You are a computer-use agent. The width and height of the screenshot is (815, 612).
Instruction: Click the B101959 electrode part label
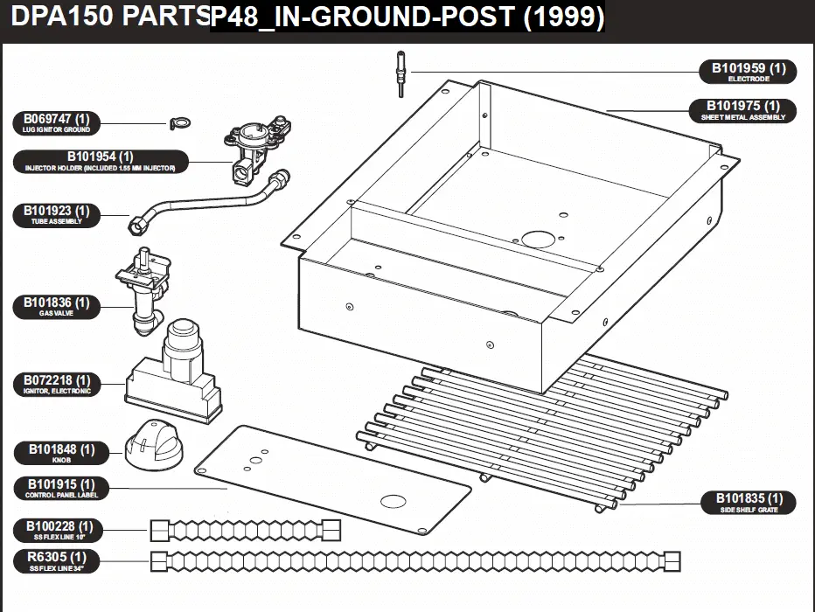(x=748, y=72)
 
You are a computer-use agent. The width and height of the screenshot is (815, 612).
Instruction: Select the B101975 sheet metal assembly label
(x=742, y=110)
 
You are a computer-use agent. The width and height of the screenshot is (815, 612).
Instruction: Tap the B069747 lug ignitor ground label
(x=56, y=123)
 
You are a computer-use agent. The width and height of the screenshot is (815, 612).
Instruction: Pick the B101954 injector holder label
(x=101, y=161)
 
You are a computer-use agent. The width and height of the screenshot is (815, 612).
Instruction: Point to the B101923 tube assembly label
(x=56, y=215)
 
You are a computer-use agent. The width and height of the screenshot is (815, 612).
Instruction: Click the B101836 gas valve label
(x=56, y=307)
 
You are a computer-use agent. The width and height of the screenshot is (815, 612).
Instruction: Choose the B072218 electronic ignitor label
(x=56, y=385)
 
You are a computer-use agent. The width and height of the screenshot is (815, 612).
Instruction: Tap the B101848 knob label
(x=61, y=453)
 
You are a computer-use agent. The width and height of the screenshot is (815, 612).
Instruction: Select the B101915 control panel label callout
(x=61, y=489)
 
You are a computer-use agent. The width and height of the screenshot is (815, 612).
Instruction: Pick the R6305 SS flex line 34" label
(x=56, y=561)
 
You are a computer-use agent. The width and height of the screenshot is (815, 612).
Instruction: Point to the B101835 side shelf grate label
(x=749, y=503)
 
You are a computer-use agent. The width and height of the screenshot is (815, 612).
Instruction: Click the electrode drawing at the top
(x=401, y=73)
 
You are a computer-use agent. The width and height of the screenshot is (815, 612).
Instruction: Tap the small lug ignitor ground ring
(x=180, y=123)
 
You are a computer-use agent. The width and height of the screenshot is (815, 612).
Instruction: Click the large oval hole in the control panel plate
(x=393, y=501)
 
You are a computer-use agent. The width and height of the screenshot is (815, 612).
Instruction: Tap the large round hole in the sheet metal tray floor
(x=539, y=240)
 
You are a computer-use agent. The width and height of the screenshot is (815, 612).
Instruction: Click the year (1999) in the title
(x=563, y=16)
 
